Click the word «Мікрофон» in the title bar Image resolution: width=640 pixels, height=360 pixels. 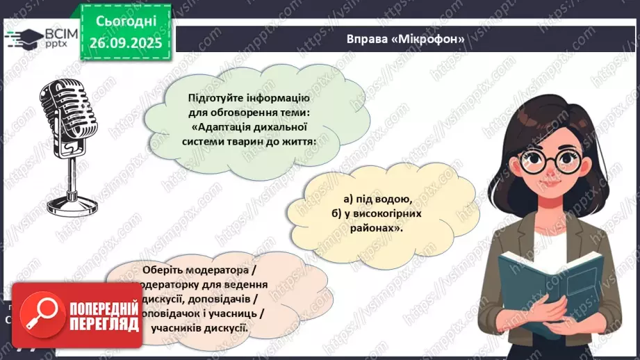[x=428, y=39]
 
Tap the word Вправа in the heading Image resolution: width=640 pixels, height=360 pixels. [x=367, y=39]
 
